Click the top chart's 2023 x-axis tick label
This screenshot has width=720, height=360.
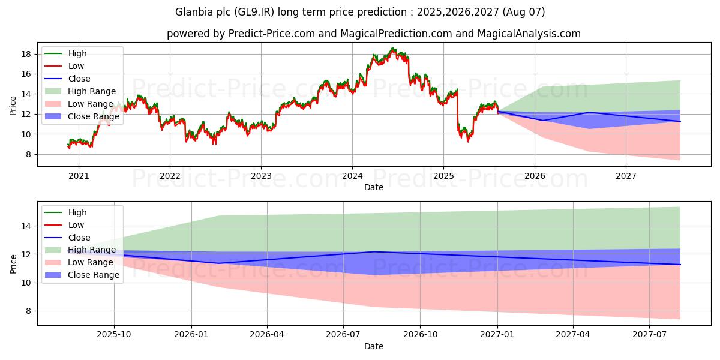click(x=261, y=176)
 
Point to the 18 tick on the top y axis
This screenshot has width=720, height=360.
click(x=26, y=54)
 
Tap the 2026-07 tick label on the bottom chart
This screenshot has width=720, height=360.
click(x=343, y=335)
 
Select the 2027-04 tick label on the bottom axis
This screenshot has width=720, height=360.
click(x=573, y=335)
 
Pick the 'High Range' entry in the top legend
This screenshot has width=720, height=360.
click(x=92, y=91)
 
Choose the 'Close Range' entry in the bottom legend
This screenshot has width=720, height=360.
click(x=93, y=275)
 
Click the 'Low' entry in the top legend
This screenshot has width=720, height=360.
click(x=76, y=66)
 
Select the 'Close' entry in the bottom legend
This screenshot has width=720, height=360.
click(x=79, y=238)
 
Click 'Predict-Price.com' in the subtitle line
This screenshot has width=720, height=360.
click(x=272, y=34)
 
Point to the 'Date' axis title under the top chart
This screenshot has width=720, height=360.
click(x=373, y=187)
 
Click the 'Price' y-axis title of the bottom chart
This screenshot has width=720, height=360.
click(x=13, y=263)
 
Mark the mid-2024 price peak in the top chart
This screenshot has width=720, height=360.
click(x=393, y=49)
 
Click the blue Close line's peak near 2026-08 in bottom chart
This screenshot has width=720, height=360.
click(x=374, y=252)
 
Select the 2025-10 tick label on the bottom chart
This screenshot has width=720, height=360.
click(x=114, y=335)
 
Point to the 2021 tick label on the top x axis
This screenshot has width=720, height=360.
click(x=79, y=176)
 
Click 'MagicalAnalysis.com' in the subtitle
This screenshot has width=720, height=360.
click(x=530, y=34)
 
